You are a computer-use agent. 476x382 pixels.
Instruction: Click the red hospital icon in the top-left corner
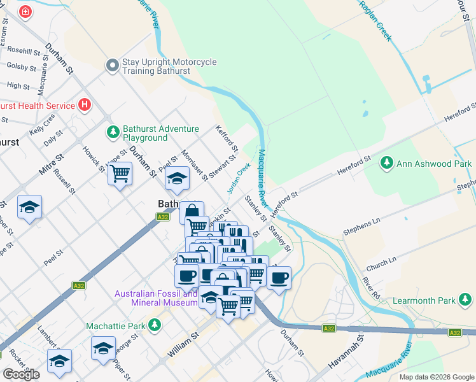[x=25, y=12]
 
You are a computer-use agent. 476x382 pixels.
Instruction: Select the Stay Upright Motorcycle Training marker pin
[x=113, y=66]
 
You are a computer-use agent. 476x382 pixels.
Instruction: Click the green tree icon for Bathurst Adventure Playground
[x=113, y=132]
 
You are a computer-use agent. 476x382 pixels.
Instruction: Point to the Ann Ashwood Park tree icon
[x=386, y=164]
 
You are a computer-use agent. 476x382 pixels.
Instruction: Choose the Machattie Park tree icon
[x=154, y=326]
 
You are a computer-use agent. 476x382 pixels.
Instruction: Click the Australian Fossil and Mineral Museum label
[x=156, y=298]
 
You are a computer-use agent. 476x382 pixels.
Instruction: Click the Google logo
[x=21, y=374]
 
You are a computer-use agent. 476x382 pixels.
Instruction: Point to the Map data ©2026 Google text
[x=436, y=377]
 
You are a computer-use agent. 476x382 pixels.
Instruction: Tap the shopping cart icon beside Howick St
[x=120, y=173]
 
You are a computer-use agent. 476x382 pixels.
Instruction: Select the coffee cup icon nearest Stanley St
[x=279, y=277]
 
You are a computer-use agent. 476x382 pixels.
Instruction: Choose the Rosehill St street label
[x=24, y=50]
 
